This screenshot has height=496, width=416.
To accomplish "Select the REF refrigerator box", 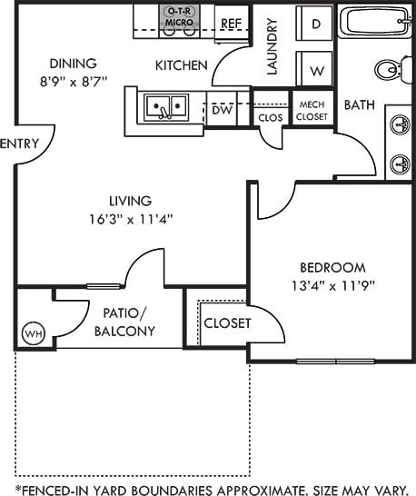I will click(230, 24).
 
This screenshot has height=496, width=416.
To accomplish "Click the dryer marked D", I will click(316, 24).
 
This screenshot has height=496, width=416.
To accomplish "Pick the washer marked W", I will click(316, 70).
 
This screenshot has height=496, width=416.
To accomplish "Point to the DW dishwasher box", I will click(222, 110).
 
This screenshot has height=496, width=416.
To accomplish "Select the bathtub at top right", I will click(375, 21).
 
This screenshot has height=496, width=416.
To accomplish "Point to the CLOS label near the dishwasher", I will click(270, 117).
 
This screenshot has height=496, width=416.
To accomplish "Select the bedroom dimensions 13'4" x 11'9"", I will click(332, 284).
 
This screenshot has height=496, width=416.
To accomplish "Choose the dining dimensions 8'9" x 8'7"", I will click(73, 80).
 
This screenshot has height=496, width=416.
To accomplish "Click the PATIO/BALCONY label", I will click(124, 322).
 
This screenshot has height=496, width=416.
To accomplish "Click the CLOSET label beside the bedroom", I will click(226, 323).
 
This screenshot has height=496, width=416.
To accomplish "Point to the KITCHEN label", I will click(182, 65).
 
